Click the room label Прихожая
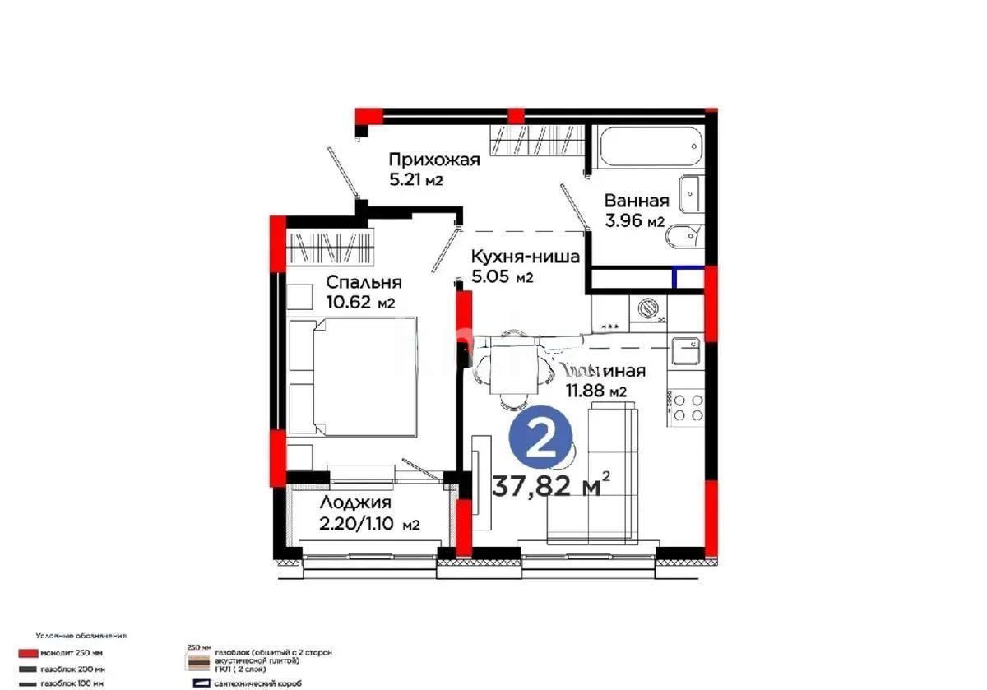point(433,160)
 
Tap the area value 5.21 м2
point(416,180)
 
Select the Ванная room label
point(636,201)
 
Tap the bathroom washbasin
point(689,194)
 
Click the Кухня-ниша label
point(525,257)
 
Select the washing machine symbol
point(648,308)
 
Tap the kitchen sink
point(684,351)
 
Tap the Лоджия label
point(355,503)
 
